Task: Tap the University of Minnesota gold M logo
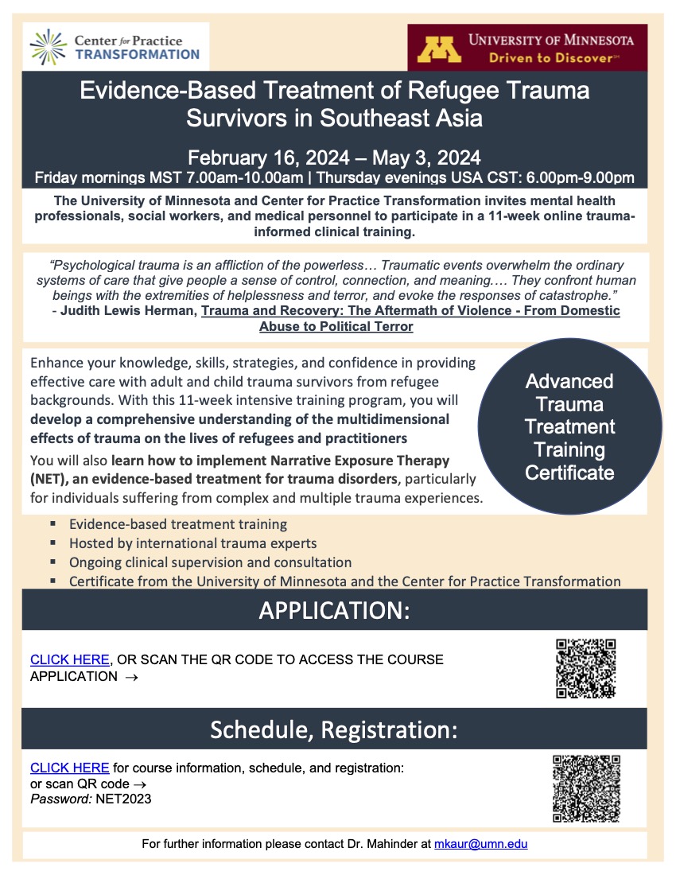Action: point(439,49)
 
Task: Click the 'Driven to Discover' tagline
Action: point(554,57)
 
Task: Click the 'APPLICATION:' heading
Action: point(334,611)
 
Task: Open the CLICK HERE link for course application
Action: point(70,659)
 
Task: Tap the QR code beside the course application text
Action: point(586,668)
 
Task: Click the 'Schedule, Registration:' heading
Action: point(334,729)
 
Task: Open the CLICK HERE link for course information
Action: point(70,768)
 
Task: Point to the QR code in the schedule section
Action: point(586,788)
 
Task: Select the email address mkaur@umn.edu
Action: point(480,843)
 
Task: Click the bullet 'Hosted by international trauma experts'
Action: point(193,543)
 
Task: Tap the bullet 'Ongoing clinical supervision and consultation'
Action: point(210,562)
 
